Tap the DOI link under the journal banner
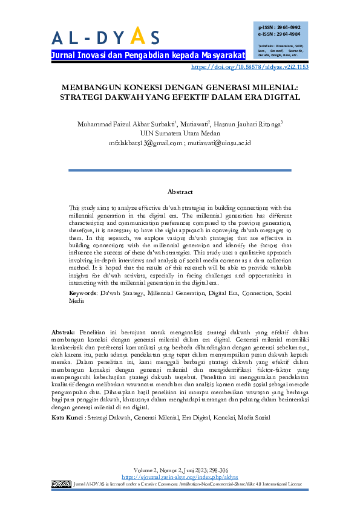tap(249, 67)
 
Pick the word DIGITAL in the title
tap(283, 97)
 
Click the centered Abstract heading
tap(180, 192)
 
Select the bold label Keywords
tap(83, 293)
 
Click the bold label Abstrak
tap(64, 332)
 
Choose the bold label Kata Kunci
tap(67, 400)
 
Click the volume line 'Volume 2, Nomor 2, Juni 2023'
tap(179, 469)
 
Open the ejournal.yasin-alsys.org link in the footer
tap(180, 476)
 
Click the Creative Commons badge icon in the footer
tap(61, 484)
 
